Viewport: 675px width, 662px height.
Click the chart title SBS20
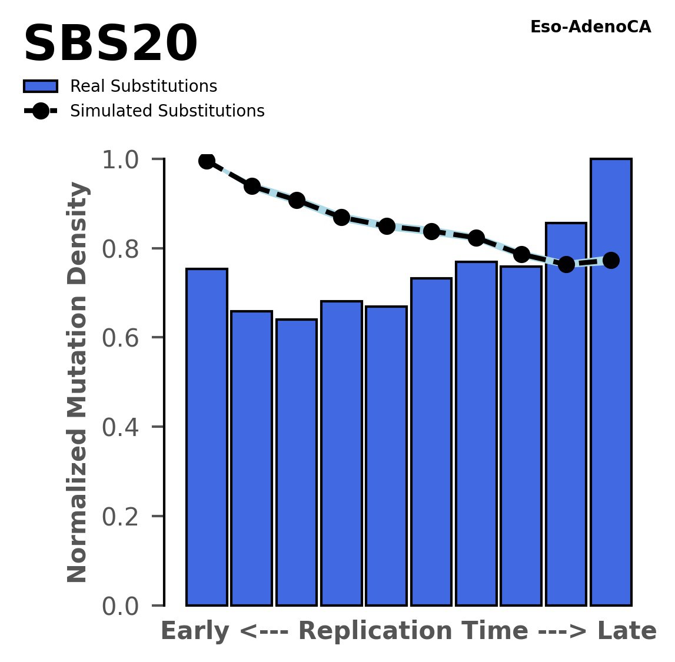point(110,45)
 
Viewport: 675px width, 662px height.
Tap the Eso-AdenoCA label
point(590,27)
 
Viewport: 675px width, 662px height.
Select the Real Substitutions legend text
point(144,87)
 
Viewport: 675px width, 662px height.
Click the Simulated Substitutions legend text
point(167,111)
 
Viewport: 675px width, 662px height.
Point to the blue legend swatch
point(41,87)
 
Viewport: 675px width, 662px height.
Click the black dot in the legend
point(41,111)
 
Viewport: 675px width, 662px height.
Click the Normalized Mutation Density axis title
point(78,382)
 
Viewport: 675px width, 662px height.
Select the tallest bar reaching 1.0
point(611,382)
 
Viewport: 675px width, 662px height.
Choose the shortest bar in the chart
point(297,462)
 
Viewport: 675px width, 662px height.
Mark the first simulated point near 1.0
point(207,161)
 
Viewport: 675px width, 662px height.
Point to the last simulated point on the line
point(611,260)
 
